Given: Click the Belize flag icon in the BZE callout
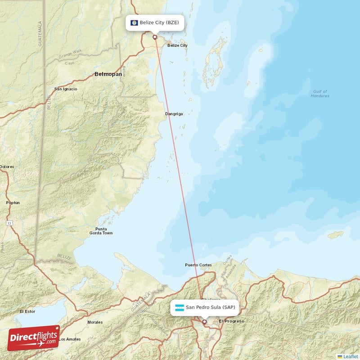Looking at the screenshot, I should (134, 22).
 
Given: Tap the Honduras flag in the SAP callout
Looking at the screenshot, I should (180, 308).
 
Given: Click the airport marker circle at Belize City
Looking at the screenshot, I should (155, 37).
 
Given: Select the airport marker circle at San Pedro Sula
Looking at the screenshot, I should (204, 322).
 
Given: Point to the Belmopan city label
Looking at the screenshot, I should (108, 74).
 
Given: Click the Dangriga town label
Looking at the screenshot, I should (174, 114).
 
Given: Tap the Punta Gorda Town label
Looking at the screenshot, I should (101, 231).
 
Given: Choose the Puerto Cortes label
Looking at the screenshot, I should (198, 265).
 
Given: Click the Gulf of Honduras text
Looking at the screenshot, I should (320, 94).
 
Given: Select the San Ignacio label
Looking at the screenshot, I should (66, 89).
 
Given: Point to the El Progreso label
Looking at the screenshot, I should (231, 321).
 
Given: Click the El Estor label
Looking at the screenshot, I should (27, 311).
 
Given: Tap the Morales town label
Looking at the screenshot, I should (95, 322).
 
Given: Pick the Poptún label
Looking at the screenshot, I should (13, 203).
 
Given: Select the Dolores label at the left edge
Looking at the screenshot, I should (7, 167).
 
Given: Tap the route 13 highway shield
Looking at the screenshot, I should (9, 223).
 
